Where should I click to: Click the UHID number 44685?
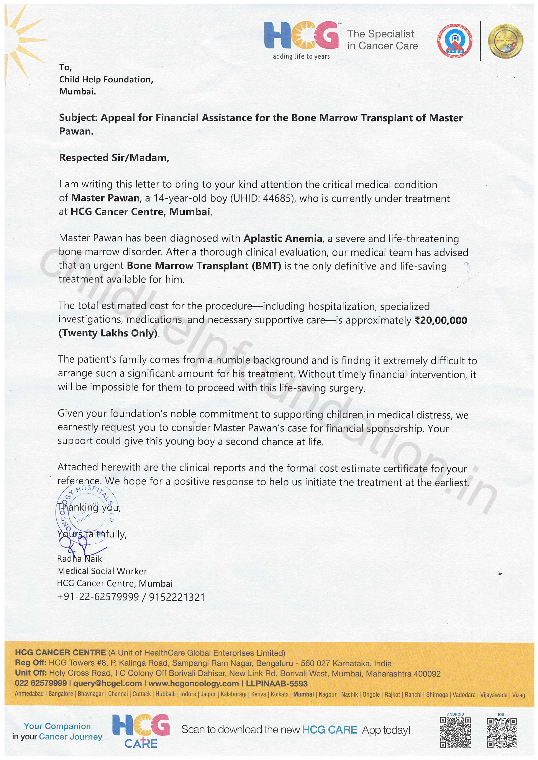pyautogui.click(x=277, y=198)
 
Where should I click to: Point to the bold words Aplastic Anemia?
pyautogui.click(x=283, y=238)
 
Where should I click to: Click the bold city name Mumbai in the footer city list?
pyautogui.click(x=304, y=694)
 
